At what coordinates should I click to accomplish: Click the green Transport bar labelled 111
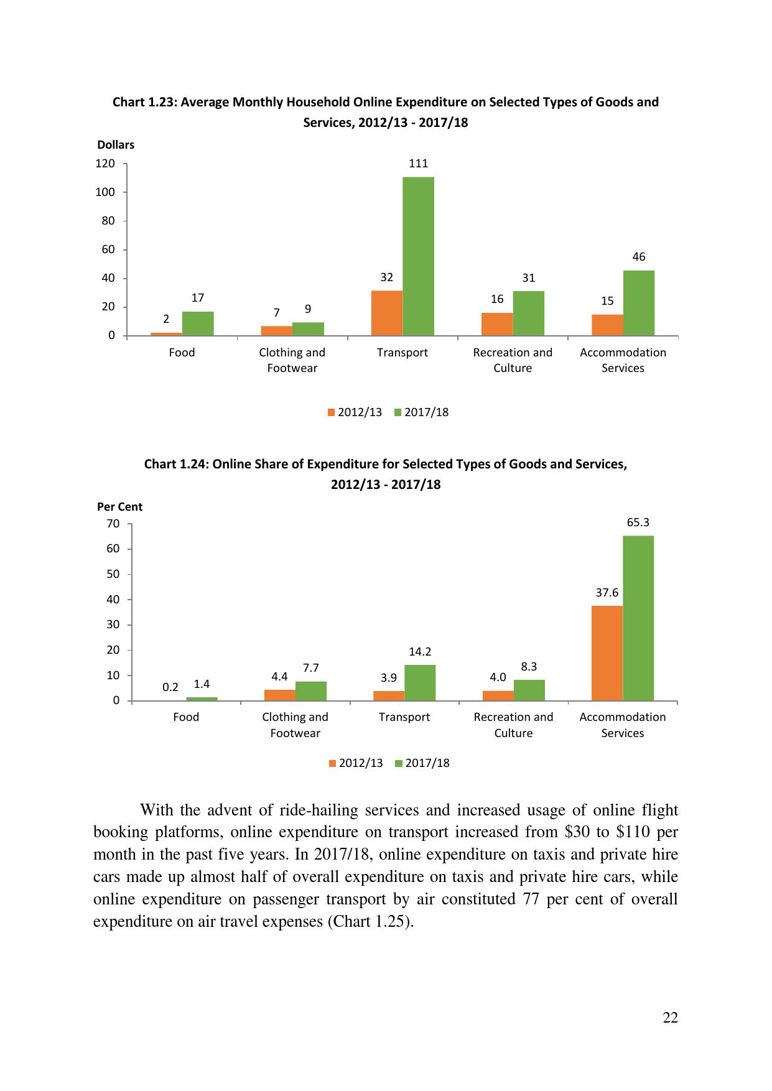(x=418, y=256)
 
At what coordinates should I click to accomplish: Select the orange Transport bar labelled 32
(x=386, y=313)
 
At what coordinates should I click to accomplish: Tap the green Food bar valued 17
(x=198, y=323)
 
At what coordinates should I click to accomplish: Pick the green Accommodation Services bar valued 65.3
(x=638, y=618)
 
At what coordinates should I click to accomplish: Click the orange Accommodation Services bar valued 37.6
(x=607, y=653)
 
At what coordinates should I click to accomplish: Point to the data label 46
(x=638, y=257)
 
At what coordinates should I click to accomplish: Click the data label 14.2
(x=420, y=652)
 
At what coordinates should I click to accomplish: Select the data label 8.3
(x=529, y=667)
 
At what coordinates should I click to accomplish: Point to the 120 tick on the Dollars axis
(x=105, y=164)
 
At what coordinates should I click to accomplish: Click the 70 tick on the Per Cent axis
(x=113, y=524)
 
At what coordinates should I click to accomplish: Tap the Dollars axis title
(x=116, y=145)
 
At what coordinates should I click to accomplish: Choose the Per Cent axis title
(x=119, y=507)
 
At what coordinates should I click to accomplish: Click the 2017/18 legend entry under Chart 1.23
(x=422, y=412)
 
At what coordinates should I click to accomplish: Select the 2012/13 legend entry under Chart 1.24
(x=356, y=763)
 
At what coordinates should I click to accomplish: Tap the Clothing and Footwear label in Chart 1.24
(x=295, y=725)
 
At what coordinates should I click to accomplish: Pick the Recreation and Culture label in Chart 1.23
(x=513, y=360)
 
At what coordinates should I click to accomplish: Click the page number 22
(x=670, y=1018)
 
